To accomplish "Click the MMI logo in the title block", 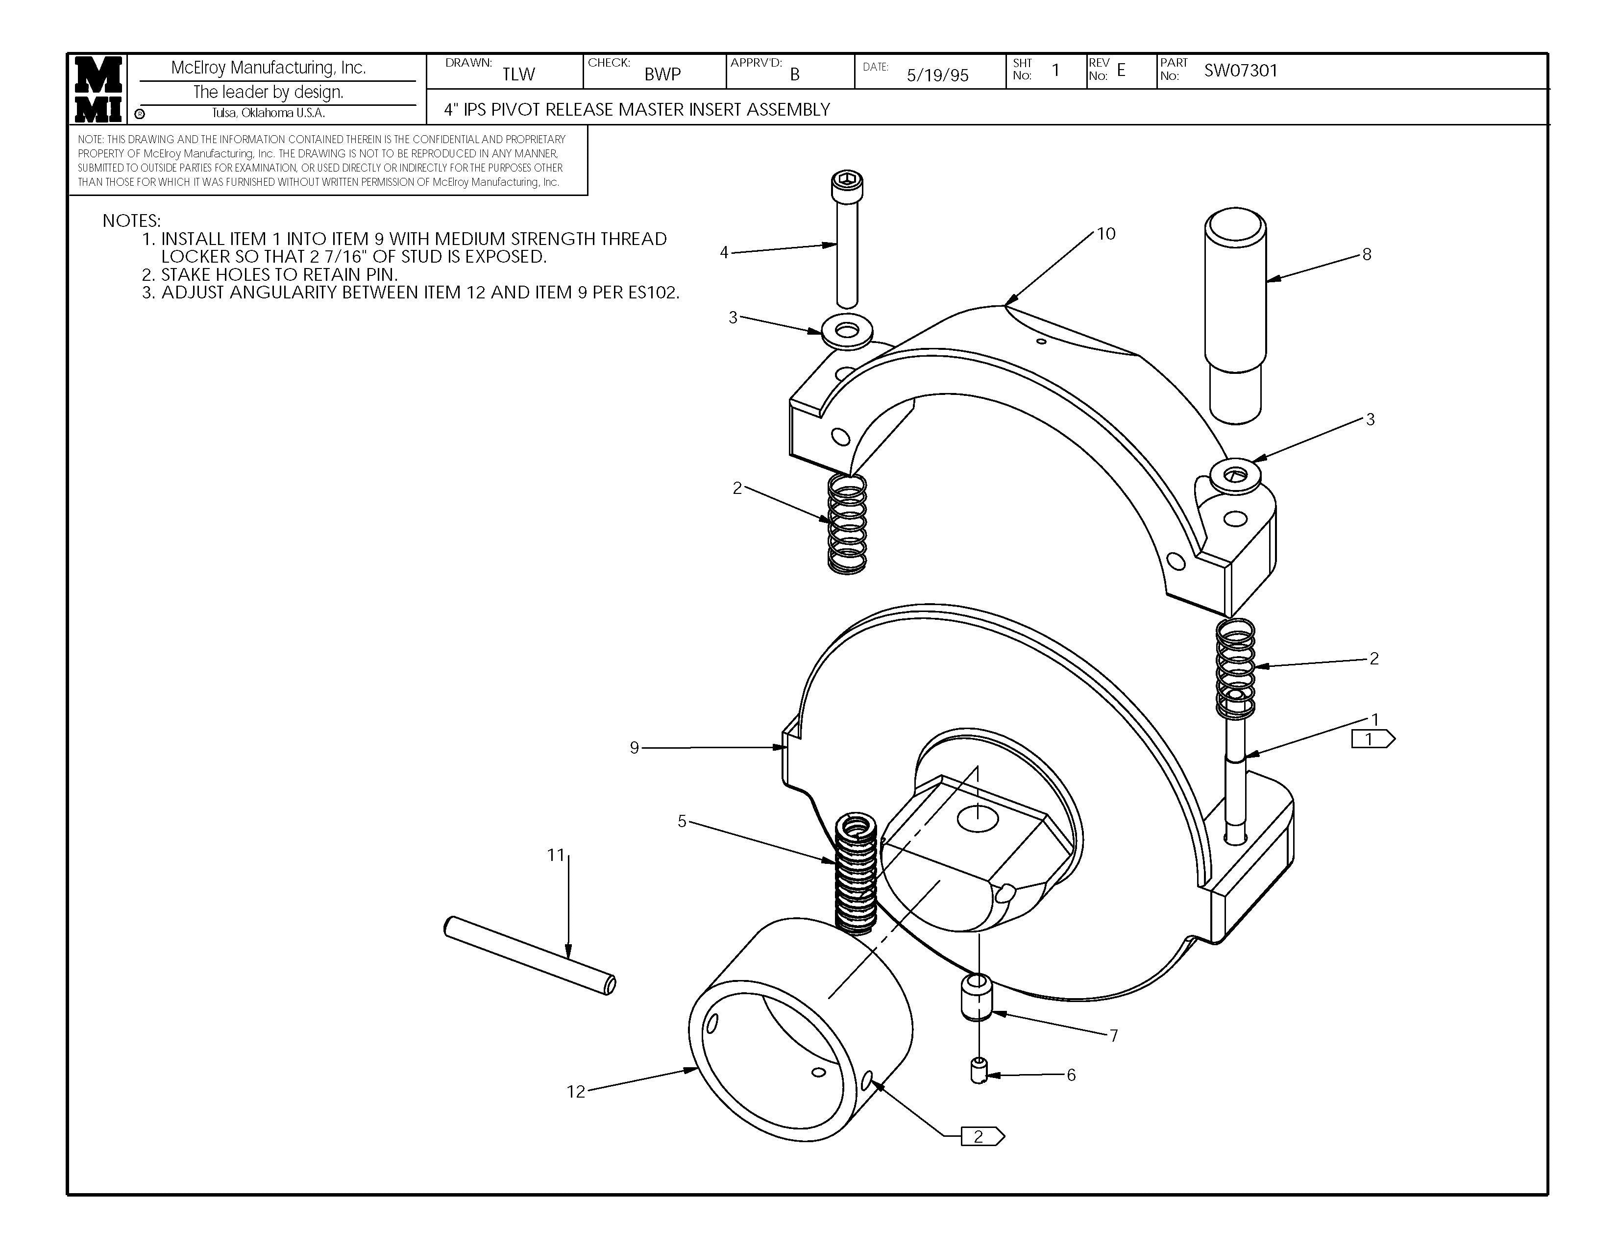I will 98,89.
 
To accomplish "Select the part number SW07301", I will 1240,71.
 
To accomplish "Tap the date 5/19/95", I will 937,75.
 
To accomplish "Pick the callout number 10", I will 1105,234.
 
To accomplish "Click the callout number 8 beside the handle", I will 1367,255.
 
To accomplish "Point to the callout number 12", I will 576,1091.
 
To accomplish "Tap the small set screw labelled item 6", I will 979,1071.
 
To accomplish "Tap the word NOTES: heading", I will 131,220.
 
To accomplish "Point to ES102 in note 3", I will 653,293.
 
